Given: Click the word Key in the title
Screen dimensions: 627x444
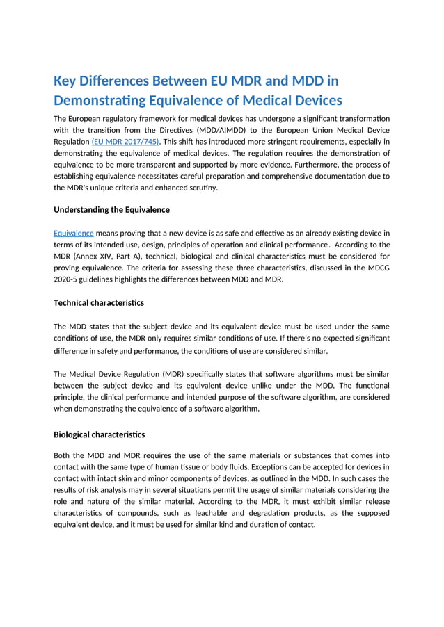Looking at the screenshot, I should click(66, 80).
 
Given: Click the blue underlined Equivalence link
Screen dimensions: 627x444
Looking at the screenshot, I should click(73, 233).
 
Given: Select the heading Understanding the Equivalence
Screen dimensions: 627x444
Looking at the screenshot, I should click(111, 209).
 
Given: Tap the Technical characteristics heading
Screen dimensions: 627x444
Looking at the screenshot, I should click(99, 302).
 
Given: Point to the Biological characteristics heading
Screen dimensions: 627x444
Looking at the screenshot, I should click(99, 434).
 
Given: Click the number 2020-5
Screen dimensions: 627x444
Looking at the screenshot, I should click(68, 279).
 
